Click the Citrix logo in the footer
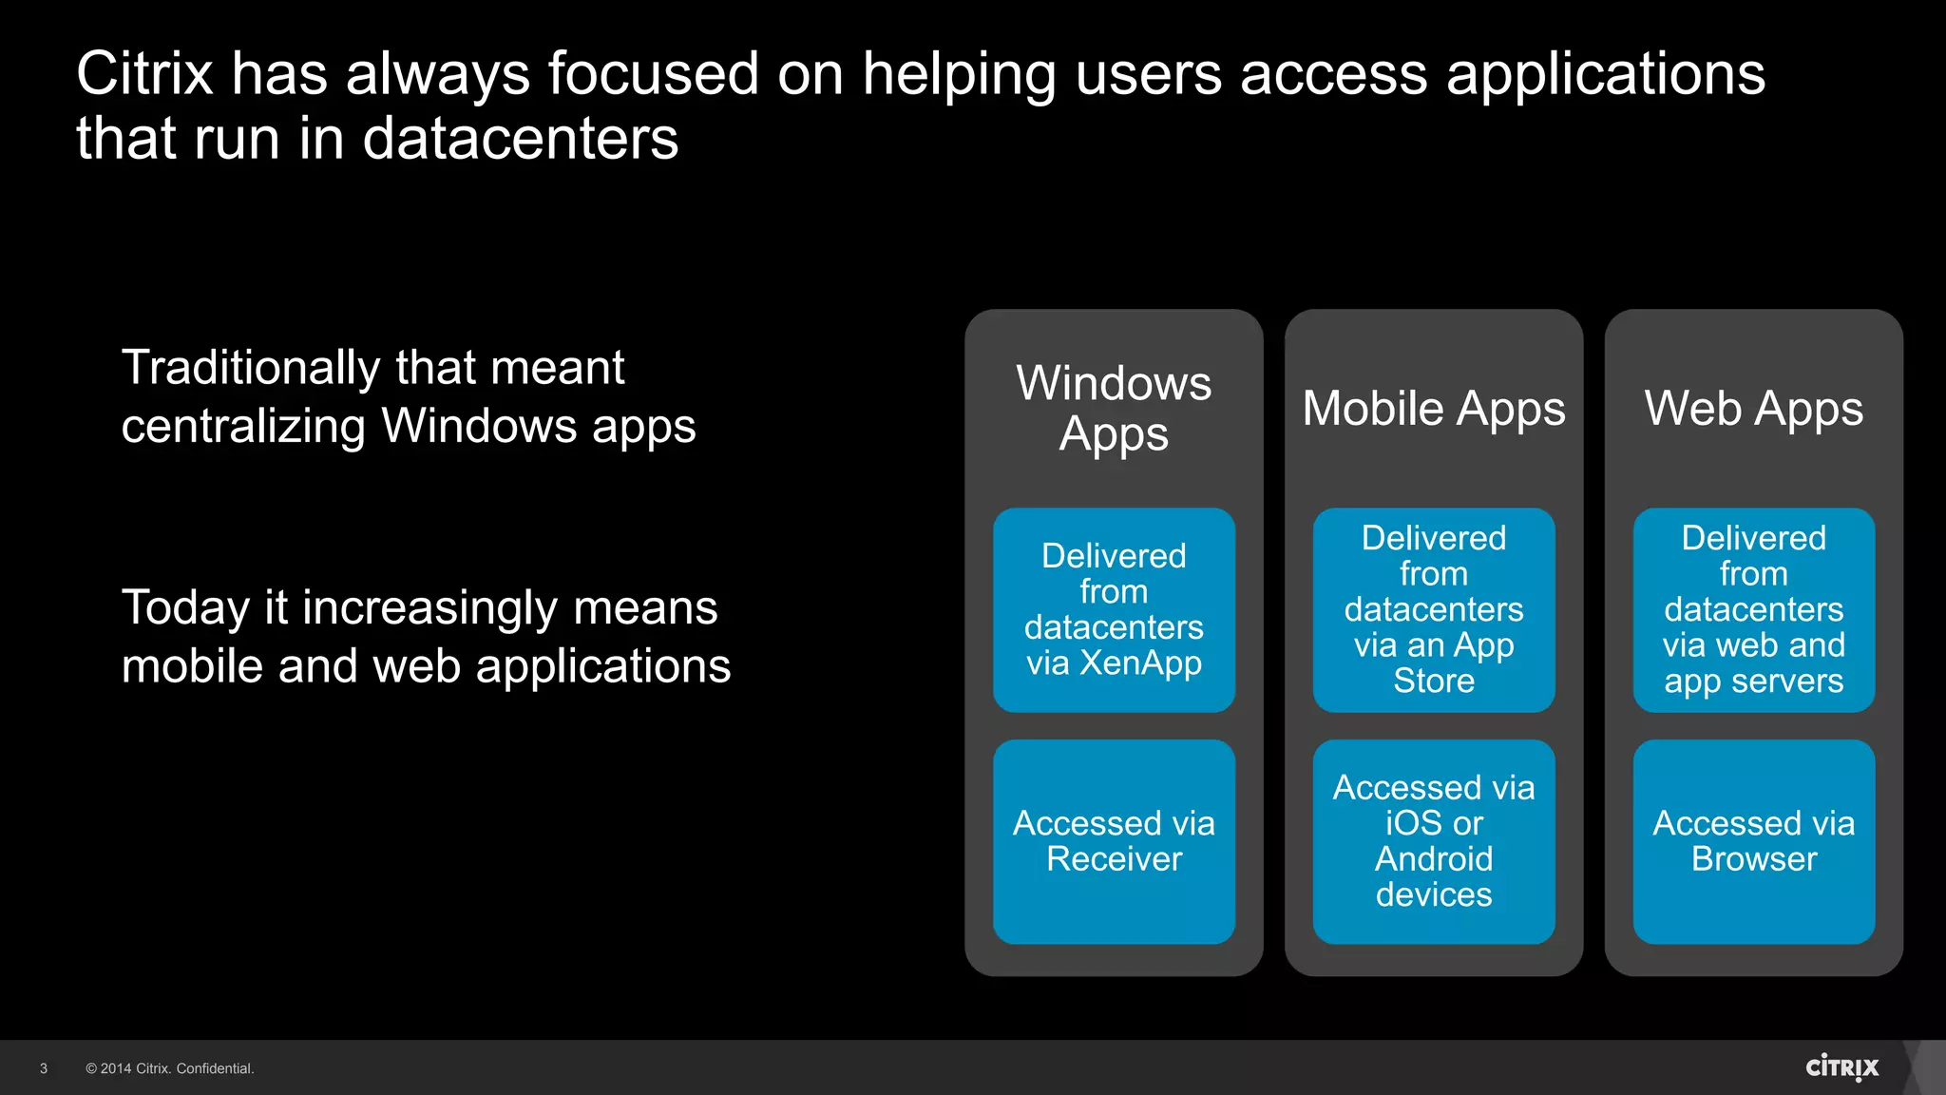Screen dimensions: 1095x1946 (x=1841, y=1067)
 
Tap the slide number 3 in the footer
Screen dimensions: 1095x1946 (x=44, y=1068)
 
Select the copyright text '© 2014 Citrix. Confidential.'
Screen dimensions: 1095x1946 (x=170, y=1068)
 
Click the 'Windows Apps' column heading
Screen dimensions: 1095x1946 (x=1114, y=409)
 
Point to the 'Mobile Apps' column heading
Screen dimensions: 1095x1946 (x=1433, y=409)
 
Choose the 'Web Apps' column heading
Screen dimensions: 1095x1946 (x=1753, y=409)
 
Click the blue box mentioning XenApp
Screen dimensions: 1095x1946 (x=1114, y=609)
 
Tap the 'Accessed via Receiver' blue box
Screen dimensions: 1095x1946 (x=1114, y=841)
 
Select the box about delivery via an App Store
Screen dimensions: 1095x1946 (x=1433, y=609)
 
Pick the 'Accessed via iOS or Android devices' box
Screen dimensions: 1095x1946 (x=1433, y=841)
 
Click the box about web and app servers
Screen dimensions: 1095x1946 (x=1753, y=609)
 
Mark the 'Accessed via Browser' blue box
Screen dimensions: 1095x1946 (x=1753, y=841)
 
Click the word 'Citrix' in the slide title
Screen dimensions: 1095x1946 (x=144, y=73)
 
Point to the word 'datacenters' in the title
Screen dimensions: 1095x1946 (x=521, y=139)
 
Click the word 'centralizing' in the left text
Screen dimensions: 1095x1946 (x=243, y=426)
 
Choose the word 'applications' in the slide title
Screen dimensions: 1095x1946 (x=1605, y=75)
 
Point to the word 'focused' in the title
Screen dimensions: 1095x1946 (x=653, y=73)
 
